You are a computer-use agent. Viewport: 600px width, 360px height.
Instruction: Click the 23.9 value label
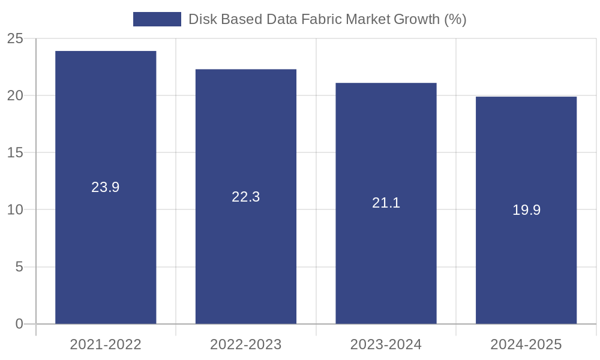click(x=106, y=187)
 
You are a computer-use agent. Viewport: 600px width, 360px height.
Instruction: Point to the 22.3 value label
click(x=246, y=197)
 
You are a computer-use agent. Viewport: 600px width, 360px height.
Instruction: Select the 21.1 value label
click(x=386, y=203)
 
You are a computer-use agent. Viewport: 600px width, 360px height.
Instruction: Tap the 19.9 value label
click(x=526, y=210)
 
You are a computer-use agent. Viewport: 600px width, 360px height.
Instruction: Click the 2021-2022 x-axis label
click(x=106, y=344)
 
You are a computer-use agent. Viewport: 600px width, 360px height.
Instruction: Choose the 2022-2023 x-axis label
click(x=246, y=344)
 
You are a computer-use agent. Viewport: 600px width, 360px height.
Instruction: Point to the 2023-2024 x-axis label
click(x=386, y=344)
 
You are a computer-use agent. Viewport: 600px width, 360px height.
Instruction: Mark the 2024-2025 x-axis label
click(x=526, y=344)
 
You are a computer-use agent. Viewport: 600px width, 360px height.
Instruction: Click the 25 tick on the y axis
click(x=15, y=39)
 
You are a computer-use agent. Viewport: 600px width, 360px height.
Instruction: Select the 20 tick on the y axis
click(x=15, y=96)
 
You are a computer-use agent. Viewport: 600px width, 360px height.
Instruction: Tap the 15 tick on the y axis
click(x=15, y=153)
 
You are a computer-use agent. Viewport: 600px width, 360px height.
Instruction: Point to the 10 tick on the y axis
click(x=15, y=210)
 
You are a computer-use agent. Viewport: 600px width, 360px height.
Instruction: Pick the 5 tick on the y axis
click(x=19, y=267)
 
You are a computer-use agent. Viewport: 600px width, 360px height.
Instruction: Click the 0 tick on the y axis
click(x=19, y=324)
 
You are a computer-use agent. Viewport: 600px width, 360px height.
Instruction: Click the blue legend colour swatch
click(x=157, y=19)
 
